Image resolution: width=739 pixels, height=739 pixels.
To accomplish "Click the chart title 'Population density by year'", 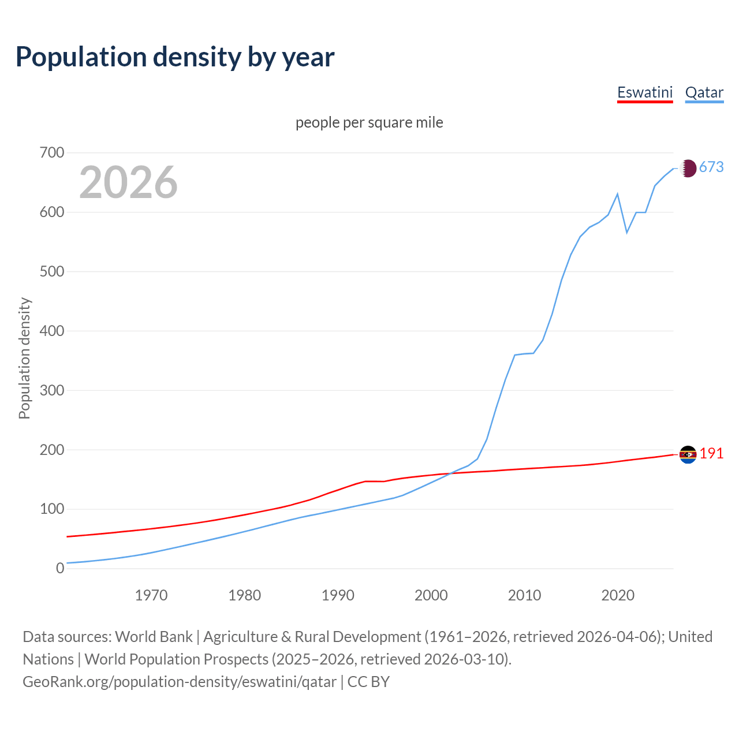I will pyautogui.click(x=175, y=57).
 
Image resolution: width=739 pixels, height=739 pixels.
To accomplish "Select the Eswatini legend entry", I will pyautogui.click(x=645, y=92).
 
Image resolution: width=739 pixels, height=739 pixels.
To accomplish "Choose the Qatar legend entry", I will pyautogui.click(x=704, y=92).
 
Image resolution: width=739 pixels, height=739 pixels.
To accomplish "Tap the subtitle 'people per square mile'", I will pyautogui.click(x=369, y=122).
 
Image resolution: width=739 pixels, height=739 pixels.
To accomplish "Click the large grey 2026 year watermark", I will pyautogui.click(x=128, y=182).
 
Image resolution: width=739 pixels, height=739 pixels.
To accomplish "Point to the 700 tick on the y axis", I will pyautogui.click(x=51, y=153).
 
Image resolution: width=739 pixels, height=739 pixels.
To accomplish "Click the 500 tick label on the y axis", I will pyautogui.click(x=51, y=271).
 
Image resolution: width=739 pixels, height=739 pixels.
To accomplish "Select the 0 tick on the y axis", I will pyautogui.click(x=60, y=568).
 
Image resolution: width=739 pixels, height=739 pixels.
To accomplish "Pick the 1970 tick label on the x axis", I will pyautogui.click(x=151, y=595).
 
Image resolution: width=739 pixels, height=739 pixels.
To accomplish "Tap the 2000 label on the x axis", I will pyautogui.click(x=431, y=595).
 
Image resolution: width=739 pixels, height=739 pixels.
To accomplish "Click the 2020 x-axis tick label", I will pyautogui.click(x=618, y=595).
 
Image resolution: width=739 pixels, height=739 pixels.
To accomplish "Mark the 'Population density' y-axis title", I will pyautogui.click(x=24, y=358).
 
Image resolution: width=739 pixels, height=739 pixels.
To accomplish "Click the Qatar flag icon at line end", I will pyautogui.click(x=688, y=168).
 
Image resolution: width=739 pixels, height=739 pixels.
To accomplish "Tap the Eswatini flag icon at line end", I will pyautogui.click(x=688, y=455).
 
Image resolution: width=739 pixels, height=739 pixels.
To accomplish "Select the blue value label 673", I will pyautogui.click(x=711, y=167).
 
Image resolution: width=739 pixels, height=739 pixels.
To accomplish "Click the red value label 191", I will pyautogui.click(x=711, y=453).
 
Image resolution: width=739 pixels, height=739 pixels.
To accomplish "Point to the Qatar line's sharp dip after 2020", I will pyautogui.click(x=627, y=232).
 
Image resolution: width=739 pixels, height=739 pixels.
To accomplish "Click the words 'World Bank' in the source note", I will pyautogui.click(x=154, y=636).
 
